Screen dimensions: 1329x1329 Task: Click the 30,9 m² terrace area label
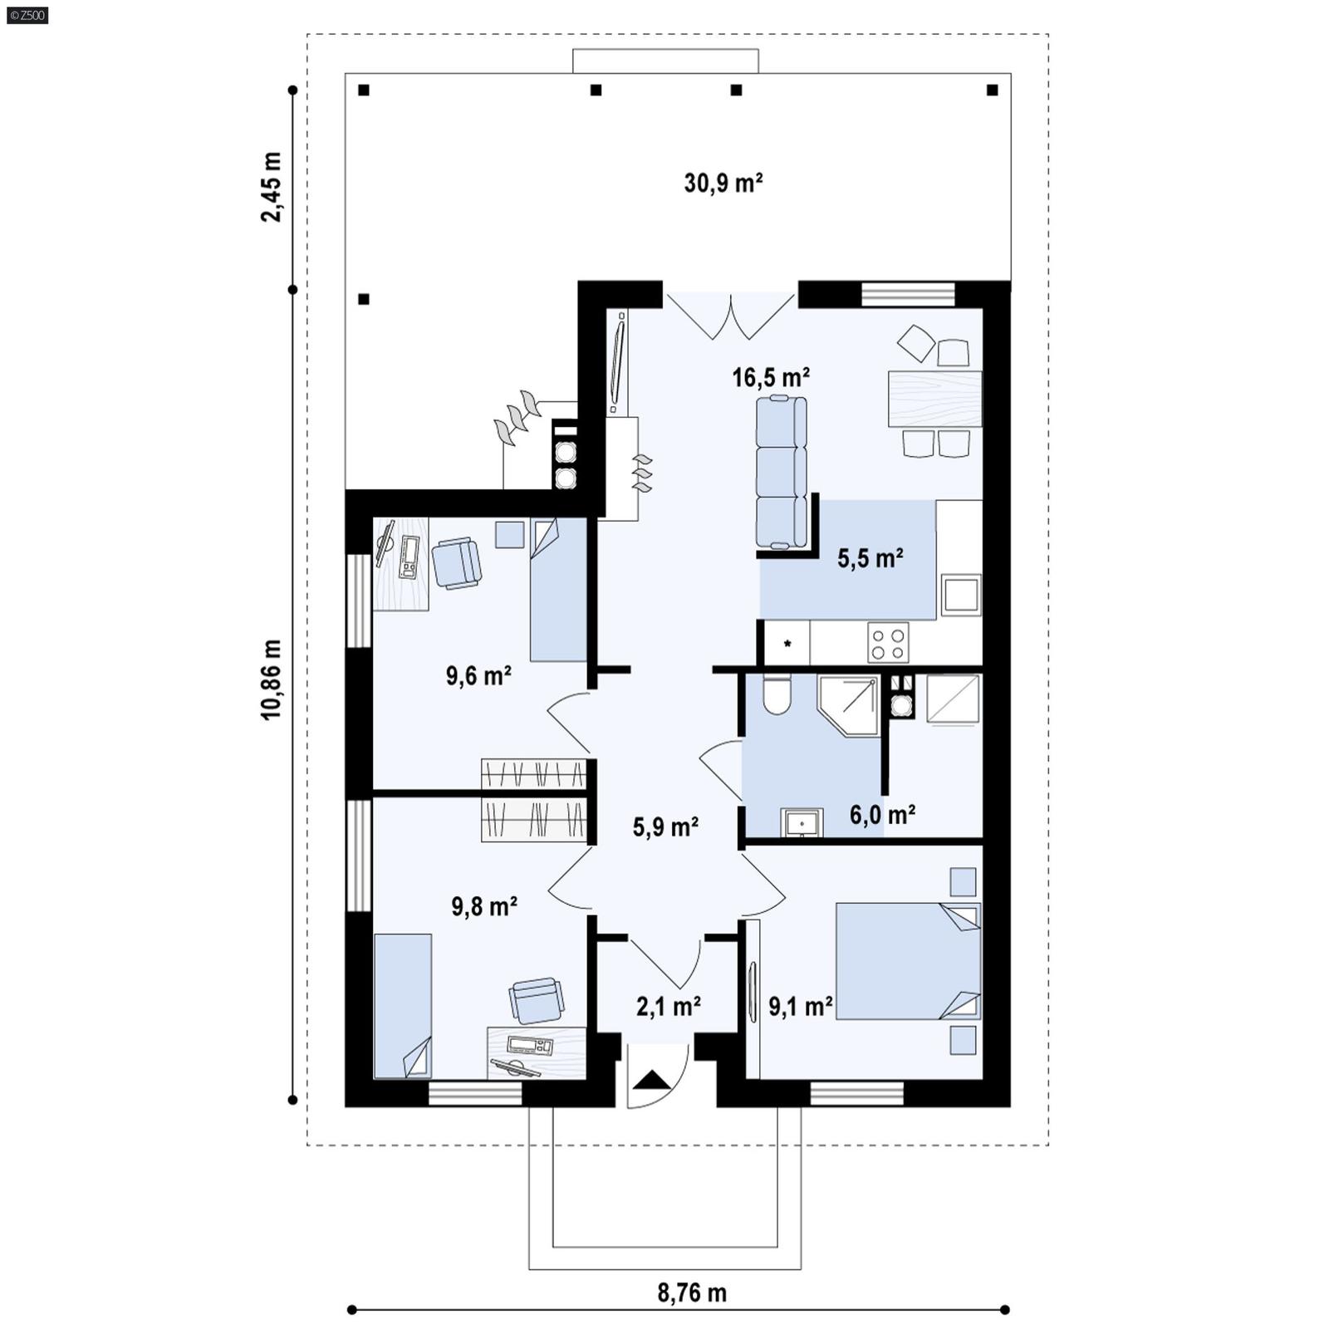tap(723, 183)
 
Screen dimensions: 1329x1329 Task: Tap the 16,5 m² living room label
tap(770, 378)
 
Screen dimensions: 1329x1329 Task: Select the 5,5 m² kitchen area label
tap(870, 558)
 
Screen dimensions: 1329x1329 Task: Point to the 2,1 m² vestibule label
tap(668, 1007)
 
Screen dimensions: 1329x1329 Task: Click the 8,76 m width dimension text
tap(691, 1293)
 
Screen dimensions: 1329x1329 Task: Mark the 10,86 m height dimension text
tap(272, 679)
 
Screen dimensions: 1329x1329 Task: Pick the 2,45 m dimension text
tap(272, 187)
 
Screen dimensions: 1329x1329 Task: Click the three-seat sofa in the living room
tap(781, 472)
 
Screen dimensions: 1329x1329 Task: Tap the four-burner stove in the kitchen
tap(888, 642)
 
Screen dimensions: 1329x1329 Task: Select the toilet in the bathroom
tap(777, 696)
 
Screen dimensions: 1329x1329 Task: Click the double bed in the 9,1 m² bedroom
tap(907, 961)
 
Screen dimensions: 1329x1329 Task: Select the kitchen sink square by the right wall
tap(960, 596)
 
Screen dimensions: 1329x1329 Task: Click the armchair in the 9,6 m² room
tap(456, 563)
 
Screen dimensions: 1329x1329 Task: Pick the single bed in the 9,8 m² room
tap(403, 1005)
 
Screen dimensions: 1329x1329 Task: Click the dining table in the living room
tap(934, 399)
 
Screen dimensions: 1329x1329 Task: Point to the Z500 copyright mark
tap(27, 15)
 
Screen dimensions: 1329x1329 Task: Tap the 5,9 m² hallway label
tap(664, 827)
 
